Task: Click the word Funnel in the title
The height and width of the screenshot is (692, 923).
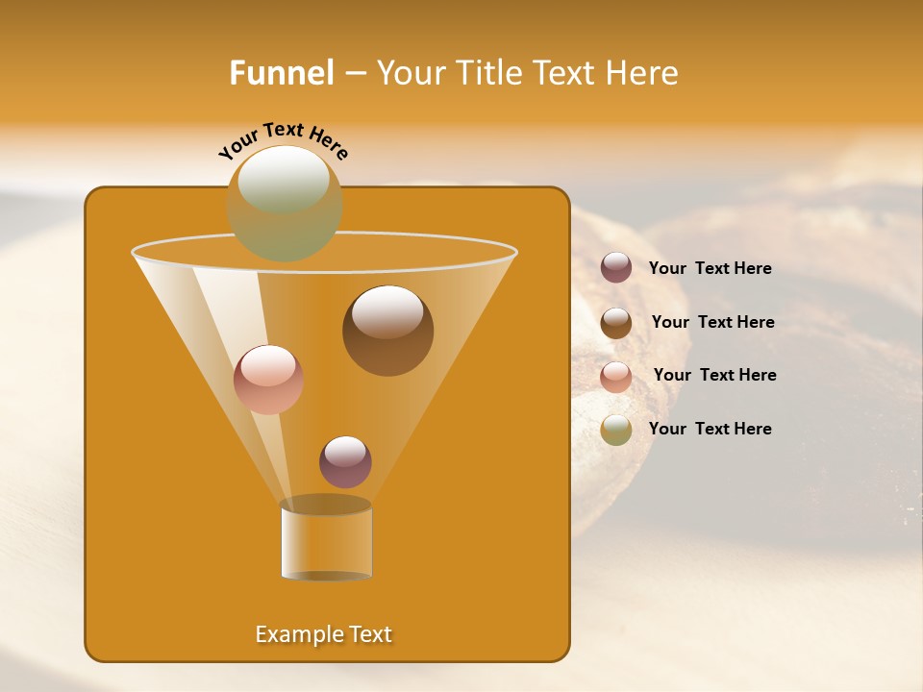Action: [x=281, y=73]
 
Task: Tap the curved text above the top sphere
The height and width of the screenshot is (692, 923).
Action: [x=284, y=140]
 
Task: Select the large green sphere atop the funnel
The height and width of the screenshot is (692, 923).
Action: [x=285, y=203]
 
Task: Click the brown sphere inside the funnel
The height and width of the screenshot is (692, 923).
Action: [x=387, y=331]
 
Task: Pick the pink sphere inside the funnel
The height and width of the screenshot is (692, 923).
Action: [x=268, y=380]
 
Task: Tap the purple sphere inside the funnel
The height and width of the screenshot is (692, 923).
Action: [x=345, y=462]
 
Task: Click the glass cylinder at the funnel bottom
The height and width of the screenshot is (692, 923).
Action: [x=326, y=540]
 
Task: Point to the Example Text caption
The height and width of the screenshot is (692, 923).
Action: [x=324, y=634]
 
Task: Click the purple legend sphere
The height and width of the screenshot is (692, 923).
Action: [x=616, y=268]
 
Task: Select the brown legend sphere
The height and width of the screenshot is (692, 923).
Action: [x=616, y=323]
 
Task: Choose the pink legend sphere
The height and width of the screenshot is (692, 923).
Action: [x=616, y=377]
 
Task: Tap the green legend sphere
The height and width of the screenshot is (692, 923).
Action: [x=616, y=430]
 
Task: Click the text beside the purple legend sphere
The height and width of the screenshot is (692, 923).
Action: [x=710, y=269]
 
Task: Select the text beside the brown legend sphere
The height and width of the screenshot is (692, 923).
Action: [x=712, y=323]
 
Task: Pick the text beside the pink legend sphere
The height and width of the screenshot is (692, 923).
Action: [x=714, y=376]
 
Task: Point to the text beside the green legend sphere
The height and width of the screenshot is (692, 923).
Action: [x=710, y=430]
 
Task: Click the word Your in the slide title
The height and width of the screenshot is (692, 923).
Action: [x=410, y=73]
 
